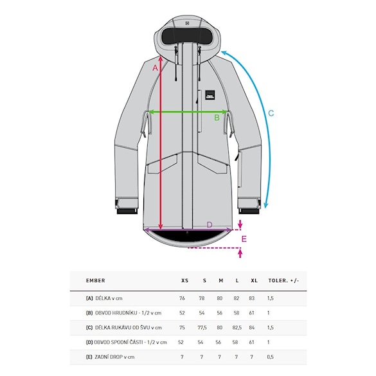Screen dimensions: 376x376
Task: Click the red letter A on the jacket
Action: coord(156,68)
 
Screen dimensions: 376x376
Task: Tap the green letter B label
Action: coord(217,118)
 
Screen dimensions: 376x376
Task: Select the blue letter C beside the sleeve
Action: coord(271,113)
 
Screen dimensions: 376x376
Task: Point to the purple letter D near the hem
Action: coord(210,225)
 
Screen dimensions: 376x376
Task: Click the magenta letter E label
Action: coord(244,239)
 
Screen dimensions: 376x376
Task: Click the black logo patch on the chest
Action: coord(210,94)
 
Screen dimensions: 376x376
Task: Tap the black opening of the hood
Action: coord(188,36)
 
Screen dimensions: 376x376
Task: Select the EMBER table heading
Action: coord(95,280)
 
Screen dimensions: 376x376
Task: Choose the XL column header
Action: coord(254,281)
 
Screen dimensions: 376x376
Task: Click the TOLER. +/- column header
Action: coord(283,281)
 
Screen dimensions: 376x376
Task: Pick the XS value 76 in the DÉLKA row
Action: coord(182,298)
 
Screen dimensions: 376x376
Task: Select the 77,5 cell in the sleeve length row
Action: coord(202,328)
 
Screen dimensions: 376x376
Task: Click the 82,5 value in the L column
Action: coord(237,328)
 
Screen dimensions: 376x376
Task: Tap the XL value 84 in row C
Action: coord(251,328)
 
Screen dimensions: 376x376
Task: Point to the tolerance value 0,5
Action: coord(270,357)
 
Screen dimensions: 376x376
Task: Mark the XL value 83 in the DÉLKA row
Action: coord(251,298)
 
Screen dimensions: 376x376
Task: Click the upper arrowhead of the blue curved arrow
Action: coord(224,53)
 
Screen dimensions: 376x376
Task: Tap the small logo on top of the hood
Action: coord(188,23)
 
